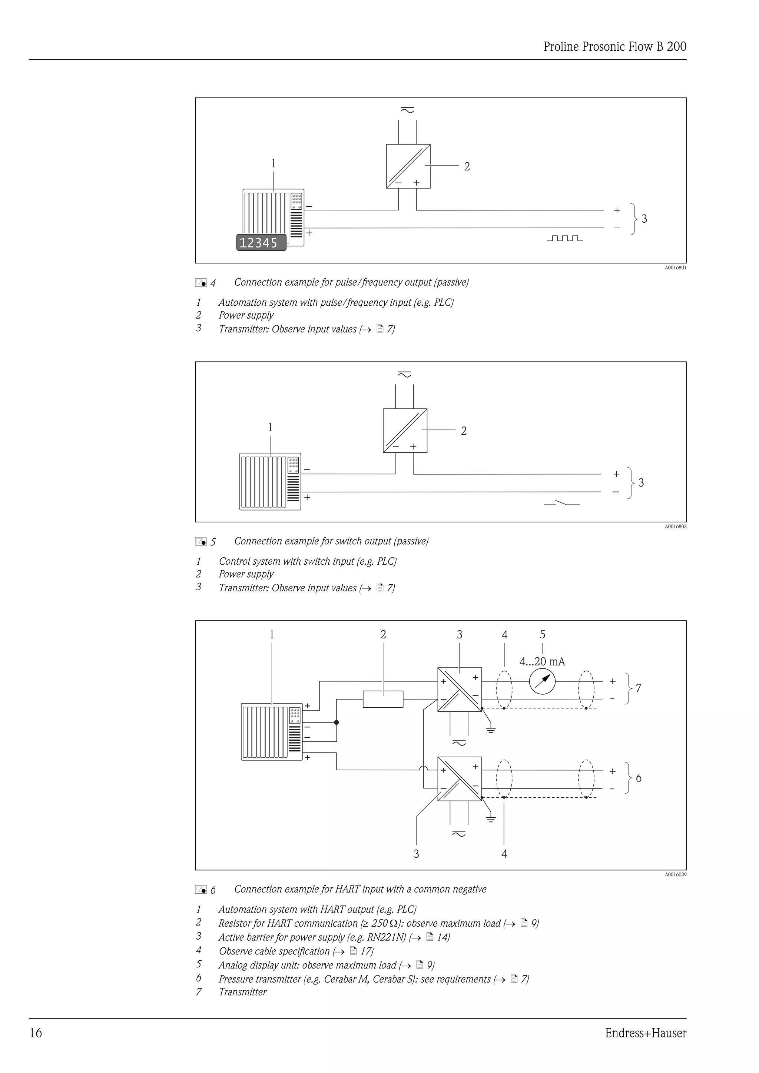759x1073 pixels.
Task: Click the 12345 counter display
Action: click(261, 243)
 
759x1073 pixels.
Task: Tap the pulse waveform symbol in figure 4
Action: click(564, 238)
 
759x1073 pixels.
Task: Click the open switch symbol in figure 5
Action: click(562, 503)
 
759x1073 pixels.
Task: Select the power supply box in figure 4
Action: click(408, 166)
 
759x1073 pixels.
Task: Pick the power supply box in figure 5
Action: click(405, 431)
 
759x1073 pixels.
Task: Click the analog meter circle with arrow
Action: click(542, 682)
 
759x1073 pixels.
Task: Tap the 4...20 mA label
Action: click(542, 661)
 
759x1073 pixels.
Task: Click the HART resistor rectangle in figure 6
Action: click(383, 699)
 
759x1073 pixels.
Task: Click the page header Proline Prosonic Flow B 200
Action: click(614, 47)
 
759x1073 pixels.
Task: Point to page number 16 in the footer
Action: click(36, 1033)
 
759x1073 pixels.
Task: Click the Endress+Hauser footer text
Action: click(646, 1033)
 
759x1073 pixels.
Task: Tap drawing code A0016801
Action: click(675, 268)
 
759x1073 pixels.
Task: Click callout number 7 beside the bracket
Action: click(639, 688)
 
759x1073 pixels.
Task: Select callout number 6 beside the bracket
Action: click(639, 778)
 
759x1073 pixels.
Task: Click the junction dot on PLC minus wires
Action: click(337, 722)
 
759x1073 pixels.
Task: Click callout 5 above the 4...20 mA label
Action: click(542, 635)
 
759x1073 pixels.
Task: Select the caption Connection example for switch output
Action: click(331, 541)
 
